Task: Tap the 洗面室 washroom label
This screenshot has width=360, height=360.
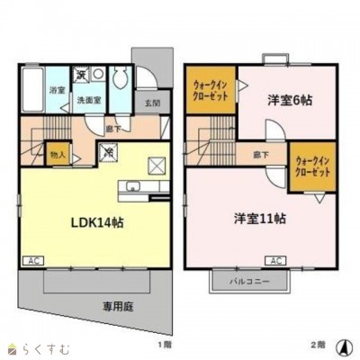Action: point(87,100)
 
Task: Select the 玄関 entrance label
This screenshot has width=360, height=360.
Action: point(152,103)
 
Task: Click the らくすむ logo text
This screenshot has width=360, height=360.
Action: point(36,346)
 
